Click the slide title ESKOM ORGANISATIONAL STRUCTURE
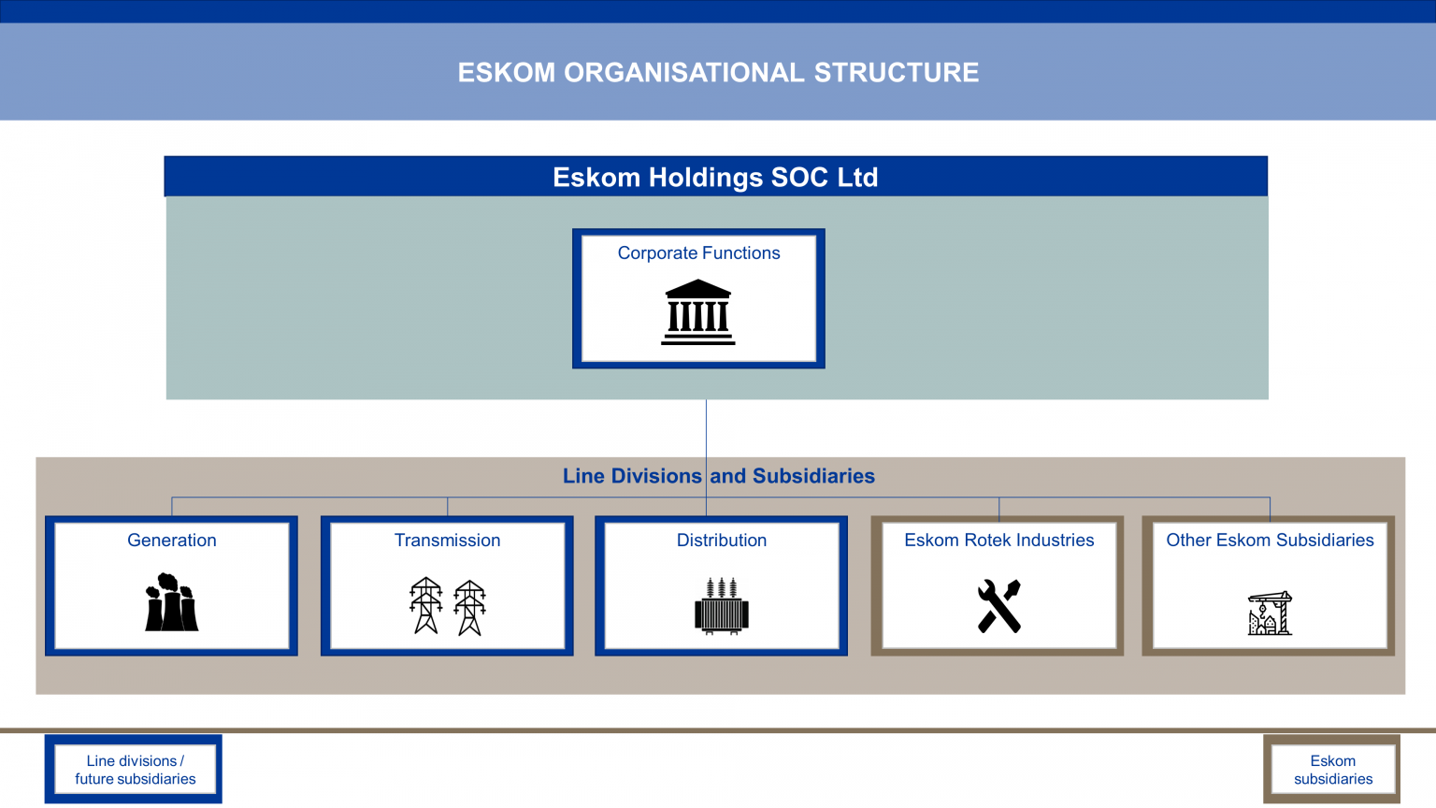(718, 73)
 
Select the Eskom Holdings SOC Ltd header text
(715, 177)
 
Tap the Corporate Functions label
(698, 252)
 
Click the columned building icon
(698, 312)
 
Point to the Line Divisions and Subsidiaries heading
(718, 476)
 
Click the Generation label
(172, 540)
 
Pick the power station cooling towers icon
(171, 603)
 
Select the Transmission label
(447, 540)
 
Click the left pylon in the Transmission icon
(426, 606)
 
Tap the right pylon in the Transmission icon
(469, 608)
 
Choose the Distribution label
(722, 540)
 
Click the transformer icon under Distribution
(722, 606)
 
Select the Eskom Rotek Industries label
(998, 540)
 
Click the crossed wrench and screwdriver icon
(999, 606)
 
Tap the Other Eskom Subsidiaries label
(1270, 540)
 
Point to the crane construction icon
(1270, 613)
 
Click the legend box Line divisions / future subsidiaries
(135, 770)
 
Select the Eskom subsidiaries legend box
(1332, 770)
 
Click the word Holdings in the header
(706, 177)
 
